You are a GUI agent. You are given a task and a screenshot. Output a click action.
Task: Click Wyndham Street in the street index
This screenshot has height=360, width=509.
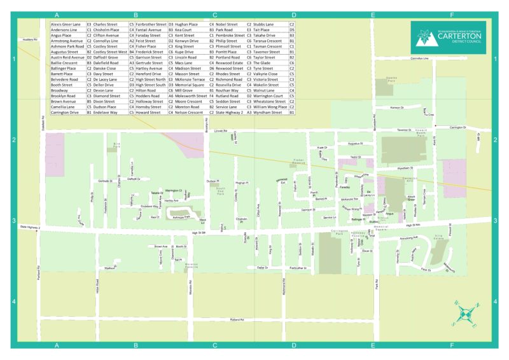267,112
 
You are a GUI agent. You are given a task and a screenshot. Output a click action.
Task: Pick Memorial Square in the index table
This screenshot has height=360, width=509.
190,85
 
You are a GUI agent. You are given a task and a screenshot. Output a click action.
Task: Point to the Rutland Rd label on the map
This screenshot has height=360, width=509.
237,319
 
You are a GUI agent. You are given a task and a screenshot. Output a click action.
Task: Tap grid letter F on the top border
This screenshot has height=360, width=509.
451,15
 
